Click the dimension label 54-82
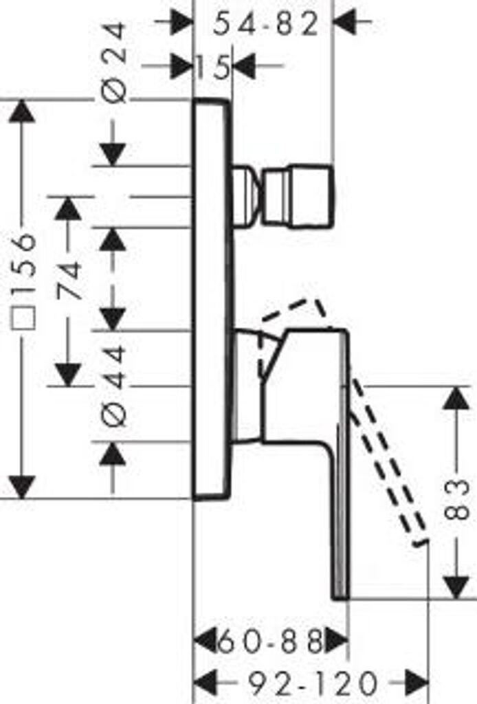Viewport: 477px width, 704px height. click(x=266, y=25)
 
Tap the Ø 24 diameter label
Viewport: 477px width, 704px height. click(x=115, y=63)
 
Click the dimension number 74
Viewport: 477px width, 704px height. click(x=69, y=280)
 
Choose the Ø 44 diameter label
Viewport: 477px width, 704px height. click(x=115, y=386)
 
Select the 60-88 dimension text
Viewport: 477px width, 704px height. click(x=271, y=643)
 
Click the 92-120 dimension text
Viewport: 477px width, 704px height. click(x=313, y=684)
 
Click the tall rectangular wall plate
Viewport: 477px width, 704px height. click(x=211, y=299)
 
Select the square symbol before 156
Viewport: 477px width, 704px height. click(x=25, y=321)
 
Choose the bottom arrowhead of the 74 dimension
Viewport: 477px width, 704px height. click(x=68, y=375)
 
